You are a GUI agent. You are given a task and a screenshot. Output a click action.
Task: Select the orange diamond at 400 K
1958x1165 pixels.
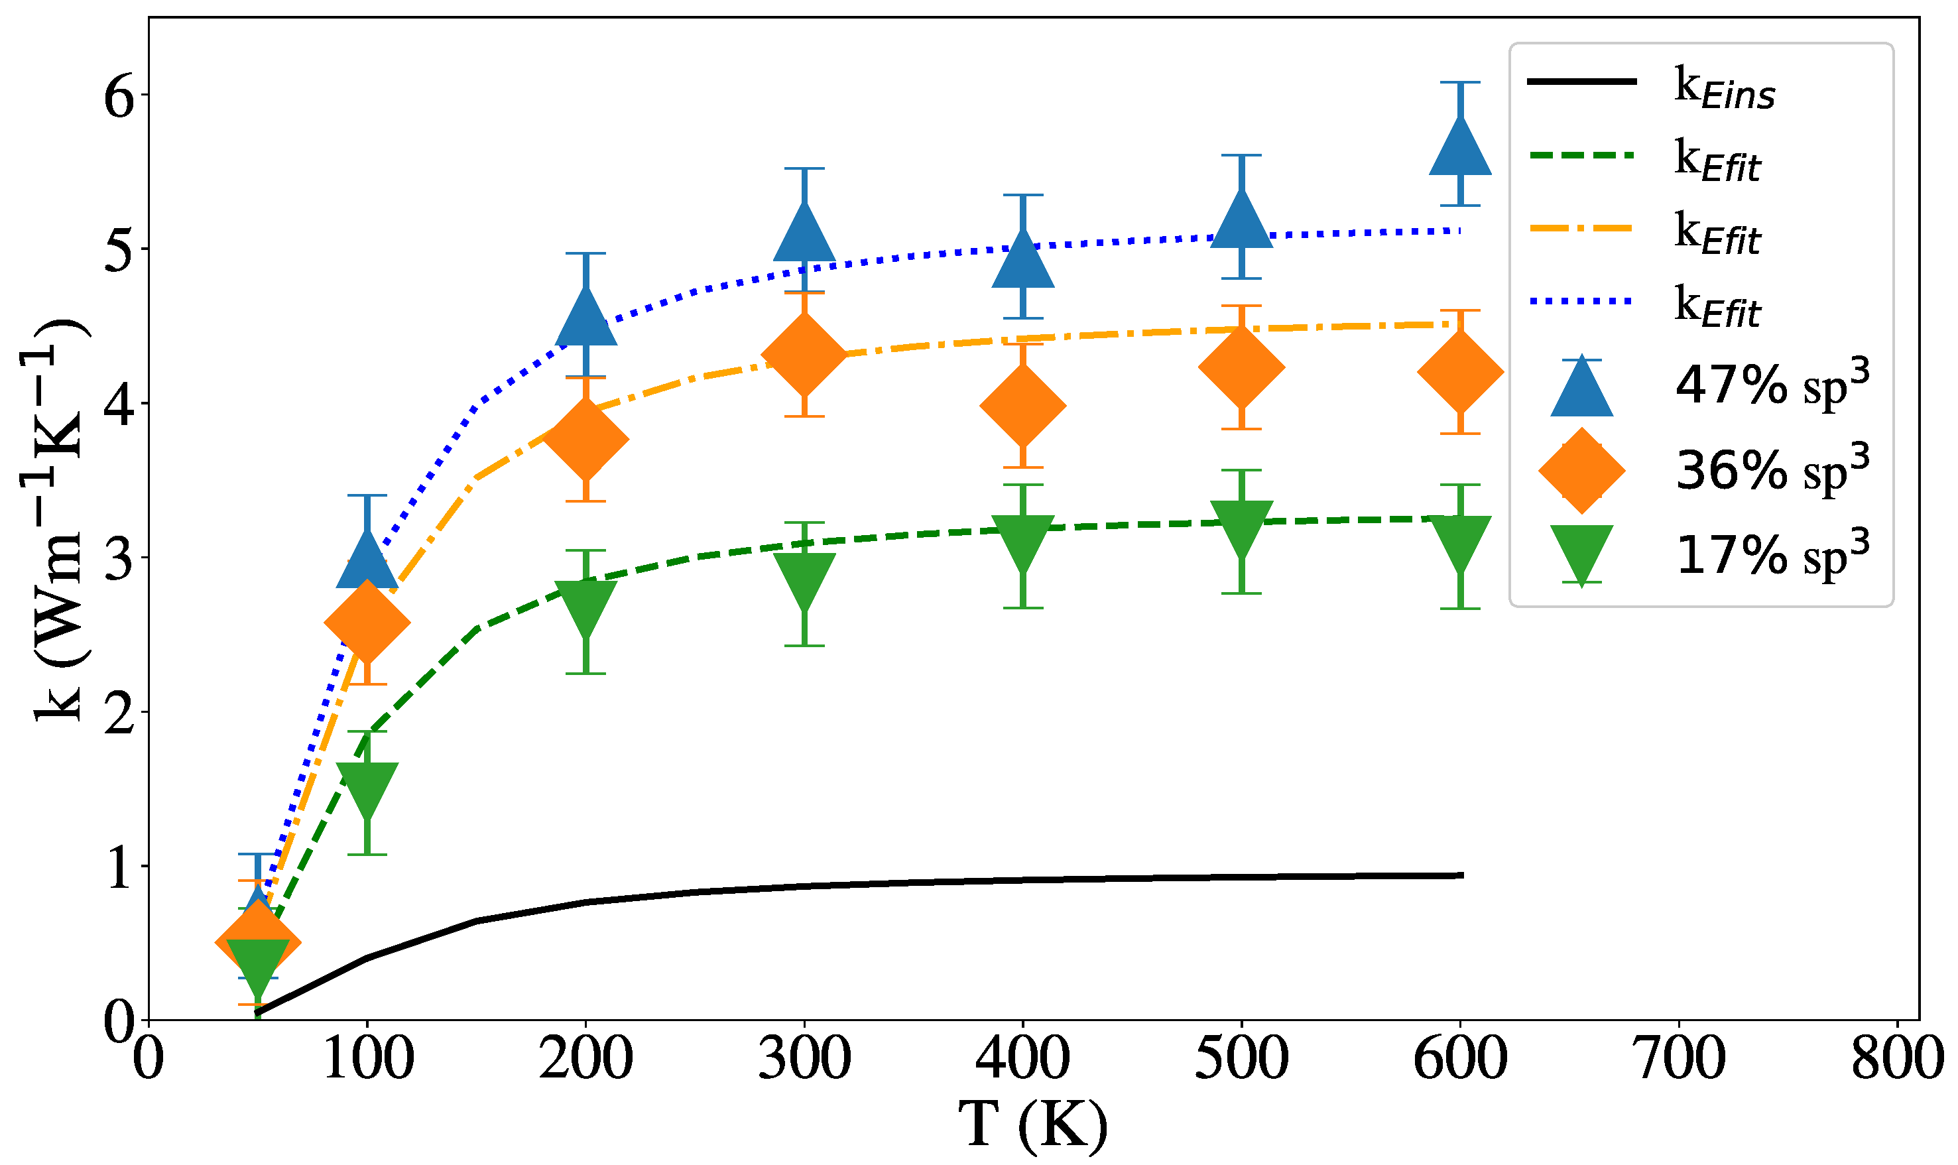click(x=1023, y=406)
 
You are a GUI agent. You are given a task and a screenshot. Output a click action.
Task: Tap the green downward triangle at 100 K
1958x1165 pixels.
click(x=367, y=788)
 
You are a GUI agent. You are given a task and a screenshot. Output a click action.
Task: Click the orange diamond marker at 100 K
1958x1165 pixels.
click(x=367, y=623)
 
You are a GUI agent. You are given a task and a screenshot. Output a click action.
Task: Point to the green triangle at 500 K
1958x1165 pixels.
click(x=1241, y=526)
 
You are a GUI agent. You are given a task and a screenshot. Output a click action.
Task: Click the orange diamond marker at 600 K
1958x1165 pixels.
click(x=1461, y=372)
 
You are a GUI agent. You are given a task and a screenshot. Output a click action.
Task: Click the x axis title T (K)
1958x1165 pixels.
click(x=1033, y=1126)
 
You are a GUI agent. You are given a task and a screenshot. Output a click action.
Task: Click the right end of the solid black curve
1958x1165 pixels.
click(x=1461, y=875)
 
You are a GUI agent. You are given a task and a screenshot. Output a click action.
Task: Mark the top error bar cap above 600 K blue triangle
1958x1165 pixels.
click(x=1461, y=82)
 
